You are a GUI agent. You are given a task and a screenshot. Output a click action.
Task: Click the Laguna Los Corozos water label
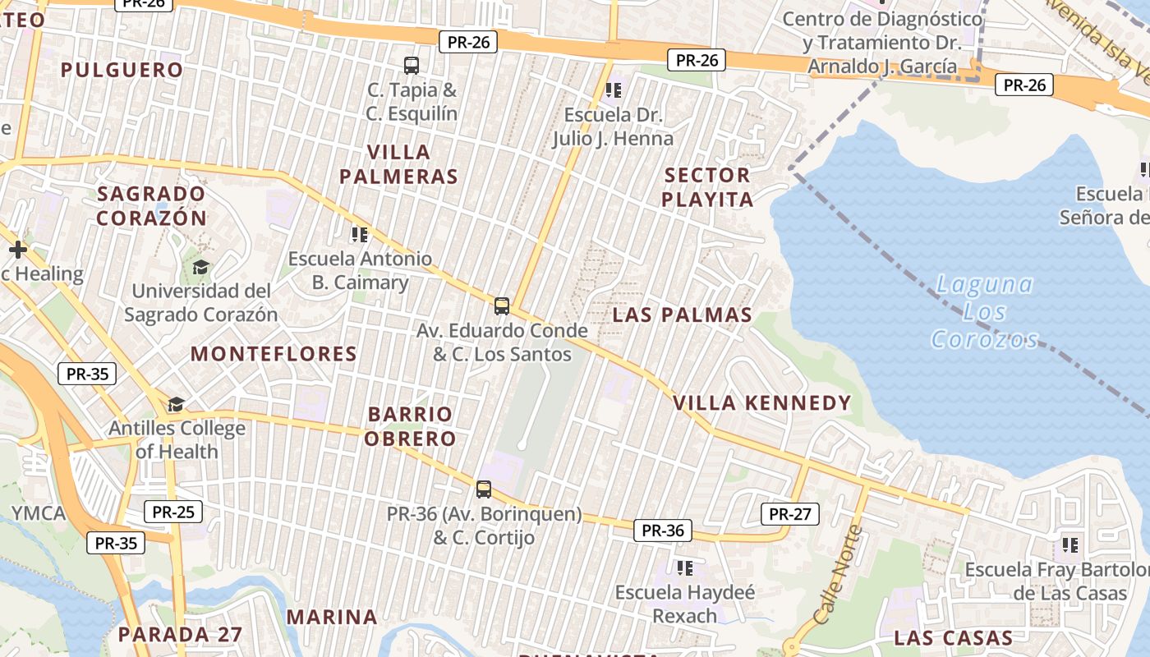(985, 312)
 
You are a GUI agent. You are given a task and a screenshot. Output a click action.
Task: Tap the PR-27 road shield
(789, 514)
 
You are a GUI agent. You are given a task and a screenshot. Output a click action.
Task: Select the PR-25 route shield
(173, 512)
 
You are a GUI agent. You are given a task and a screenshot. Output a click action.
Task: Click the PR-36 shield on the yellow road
(662, 531)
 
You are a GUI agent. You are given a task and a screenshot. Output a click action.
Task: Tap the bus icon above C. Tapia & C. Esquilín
(412, 66)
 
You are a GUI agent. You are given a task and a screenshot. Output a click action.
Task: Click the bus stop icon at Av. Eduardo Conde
(502, 306)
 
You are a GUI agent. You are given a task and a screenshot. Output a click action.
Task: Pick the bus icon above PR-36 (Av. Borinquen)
(484, 489)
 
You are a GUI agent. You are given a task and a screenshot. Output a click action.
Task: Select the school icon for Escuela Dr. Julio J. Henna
(613, 90)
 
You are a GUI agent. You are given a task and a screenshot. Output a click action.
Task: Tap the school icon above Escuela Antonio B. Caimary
(359, 235)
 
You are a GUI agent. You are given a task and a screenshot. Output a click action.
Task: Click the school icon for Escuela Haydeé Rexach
(684, 567)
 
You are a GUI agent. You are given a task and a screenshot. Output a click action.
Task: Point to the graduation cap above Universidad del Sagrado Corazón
(200, 267)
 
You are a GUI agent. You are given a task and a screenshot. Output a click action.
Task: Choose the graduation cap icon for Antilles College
(176, 404)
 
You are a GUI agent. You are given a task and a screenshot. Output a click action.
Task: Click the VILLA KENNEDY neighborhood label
(762, 403)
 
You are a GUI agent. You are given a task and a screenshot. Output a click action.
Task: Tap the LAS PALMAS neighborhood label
(683, 315)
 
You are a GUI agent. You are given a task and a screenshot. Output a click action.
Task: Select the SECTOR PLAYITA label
(707, 187)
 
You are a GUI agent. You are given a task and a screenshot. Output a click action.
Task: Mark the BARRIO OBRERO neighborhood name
(411, 426)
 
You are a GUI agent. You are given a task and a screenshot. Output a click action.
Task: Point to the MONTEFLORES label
(274, 354)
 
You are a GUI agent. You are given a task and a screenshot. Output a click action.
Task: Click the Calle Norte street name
(837, 574)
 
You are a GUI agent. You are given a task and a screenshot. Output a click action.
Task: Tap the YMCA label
(38, 514)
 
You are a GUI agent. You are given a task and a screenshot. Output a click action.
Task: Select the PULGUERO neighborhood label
(122, 70)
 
